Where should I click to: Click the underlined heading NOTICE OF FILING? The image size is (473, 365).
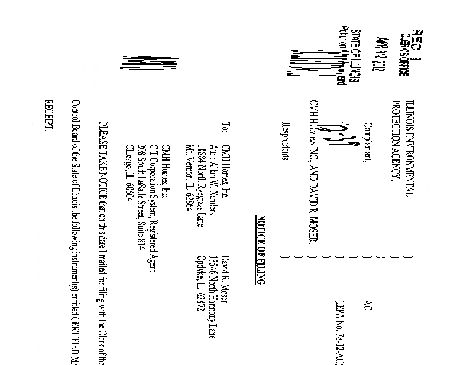[261, 249]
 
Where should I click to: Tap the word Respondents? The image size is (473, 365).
[286, 142]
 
